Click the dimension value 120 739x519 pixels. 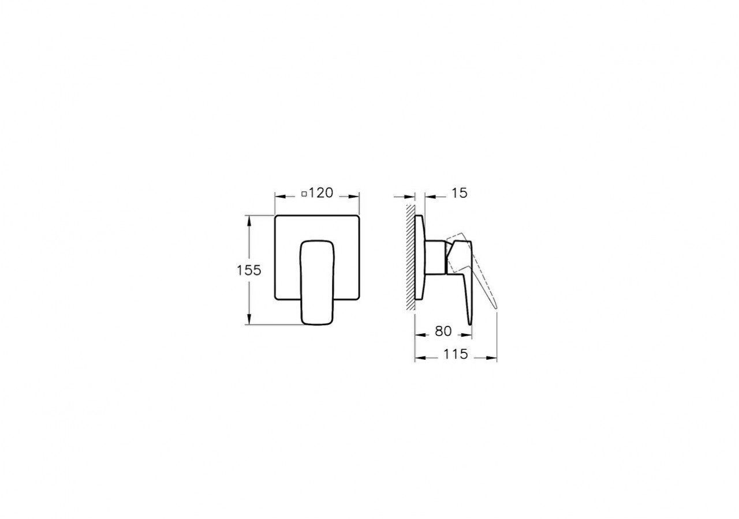point(321,193)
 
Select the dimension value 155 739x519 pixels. point(249,270)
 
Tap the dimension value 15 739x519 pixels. point(459,193)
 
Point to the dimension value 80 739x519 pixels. point(443,332)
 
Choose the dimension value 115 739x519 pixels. point(456,355)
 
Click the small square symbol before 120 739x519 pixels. point(304,194)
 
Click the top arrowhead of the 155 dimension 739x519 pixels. point(249,220)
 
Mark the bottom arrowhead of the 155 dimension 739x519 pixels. point(249,321)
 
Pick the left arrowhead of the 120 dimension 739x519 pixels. point(279,195)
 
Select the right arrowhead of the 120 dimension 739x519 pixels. point(356,195)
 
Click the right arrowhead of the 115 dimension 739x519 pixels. point(493,358)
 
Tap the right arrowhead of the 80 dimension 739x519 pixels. point(468,334)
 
